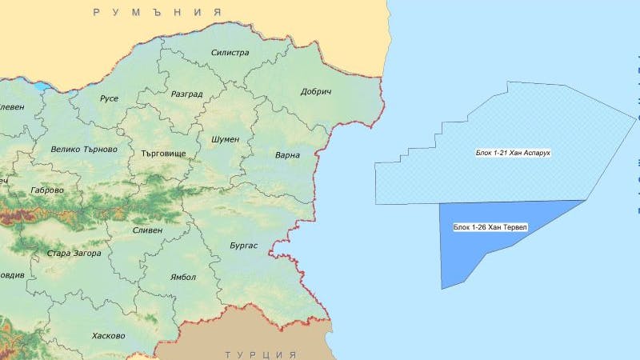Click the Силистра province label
tap(230, 53)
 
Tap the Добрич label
tap(316, 92)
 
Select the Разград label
tap(187, 94)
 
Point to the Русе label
tap(109, 98)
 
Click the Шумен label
tap(225, 139)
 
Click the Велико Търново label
tap(84, 149)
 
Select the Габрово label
tap(46, 190)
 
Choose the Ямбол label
tap(182, 277)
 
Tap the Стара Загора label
tap(74, 254)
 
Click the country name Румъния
tap(157, 12)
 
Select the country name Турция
tap(261, 354)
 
